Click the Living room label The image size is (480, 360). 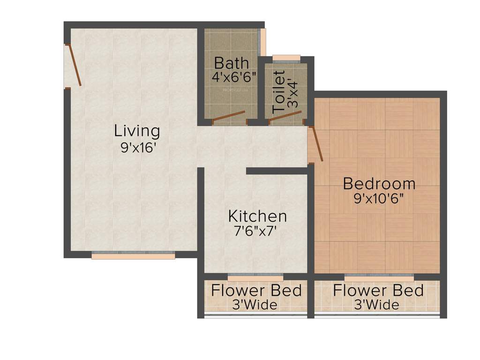(x=137, y=131)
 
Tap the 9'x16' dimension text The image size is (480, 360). (x=138, y=148)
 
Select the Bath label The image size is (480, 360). (x=232, y=63)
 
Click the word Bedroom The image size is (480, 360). (x=379, y=183)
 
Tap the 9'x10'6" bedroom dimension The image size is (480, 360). (x=379, y=198)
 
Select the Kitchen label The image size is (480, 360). (x=257, y=216)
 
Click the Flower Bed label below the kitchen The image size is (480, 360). (x=256, y=290)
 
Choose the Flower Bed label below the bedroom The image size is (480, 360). (x=378, y=290)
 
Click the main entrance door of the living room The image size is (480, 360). (x=74, y=65)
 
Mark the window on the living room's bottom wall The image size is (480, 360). (x=133, y=255)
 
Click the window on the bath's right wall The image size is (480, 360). (x=263, y=42)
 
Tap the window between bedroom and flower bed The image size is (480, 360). (x=379, y=277)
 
